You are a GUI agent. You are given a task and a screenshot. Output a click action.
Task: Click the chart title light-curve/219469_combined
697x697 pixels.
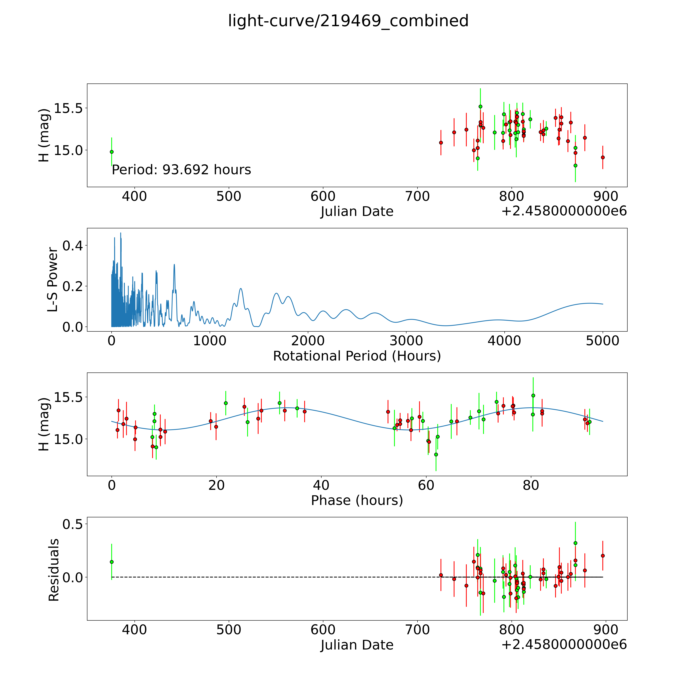pos(348,21)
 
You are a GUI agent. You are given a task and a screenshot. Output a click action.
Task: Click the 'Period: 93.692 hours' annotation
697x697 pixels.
pos(181,170)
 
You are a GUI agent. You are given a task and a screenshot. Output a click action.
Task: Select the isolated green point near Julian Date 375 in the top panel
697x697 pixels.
pos(112,152)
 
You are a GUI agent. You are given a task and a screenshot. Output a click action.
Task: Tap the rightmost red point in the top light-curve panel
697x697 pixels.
pos(603,157)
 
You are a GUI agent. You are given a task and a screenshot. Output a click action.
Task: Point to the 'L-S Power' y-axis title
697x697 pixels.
pos(53,280)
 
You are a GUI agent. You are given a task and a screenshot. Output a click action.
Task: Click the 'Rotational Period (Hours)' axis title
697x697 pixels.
pos(357,356)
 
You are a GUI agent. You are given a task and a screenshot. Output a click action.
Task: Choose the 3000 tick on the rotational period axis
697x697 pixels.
pos(406,341)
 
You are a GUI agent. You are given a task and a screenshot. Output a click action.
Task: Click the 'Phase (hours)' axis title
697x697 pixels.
pos(357,500)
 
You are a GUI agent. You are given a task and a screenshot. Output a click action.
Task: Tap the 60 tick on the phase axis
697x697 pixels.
pos(426,485)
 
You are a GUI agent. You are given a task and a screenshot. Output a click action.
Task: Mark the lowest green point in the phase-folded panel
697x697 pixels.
pos(436,455)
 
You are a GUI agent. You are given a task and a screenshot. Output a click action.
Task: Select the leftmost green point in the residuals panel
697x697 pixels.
pos(112,562)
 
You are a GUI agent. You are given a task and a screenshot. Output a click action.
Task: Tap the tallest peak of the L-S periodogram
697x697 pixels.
pos(121,233)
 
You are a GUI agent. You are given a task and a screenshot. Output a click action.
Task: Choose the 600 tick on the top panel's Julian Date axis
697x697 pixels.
pos(323,197)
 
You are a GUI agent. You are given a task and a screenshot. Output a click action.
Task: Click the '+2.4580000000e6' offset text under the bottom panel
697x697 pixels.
pos(564,644)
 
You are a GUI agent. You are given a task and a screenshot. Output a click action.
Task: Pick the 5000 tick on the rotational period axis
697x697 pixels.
pos(603,341)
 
